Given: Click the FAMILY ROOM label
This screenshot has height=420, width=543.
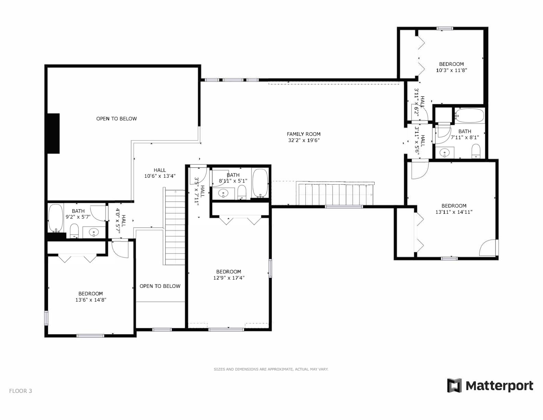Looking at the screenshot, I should (303, 134).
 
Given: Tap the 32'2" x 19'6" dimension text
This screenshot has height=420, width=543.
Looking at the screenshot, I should (303, 140).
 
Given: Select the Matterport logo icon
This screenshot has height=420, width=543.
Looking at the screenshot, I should (455, 386).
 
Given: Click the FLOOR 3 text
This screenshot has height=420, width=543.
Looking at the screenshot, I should (21, 391).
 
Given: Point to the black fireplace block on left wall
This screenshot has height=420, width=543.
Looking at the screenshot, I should (53, 133).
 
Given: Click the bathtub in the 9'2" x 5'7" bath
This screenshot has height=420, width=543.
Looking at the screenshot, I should (55, 218).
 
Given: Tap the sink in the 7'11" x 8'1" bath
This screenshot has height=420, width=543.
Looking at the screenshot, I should (445, 152).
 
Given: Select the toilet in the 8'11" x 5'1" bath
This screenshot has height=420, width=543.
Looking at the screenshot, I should (242, 192).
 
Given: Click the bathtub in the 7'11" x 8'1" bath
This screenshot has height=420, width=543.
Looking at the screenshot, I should (469, 115).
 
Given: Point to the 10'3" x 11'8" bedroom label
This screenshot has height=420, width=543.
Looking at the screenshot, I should (451, 64).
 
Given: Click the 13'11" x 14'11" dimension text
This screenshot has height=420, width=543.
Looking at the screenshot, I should (454, 212).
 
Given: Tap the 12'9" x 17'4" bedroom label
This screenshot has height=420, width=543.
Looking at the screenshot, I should (229, 272).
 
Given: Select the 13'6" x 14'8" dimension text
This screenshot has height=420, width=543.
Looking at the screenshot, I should (91, 300).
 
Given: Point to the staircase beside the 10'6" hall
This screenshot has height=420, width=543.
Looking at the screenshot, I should (175, 226).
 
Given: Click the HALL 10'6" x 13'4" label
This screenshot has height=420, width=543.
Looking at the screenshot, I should (160, 173).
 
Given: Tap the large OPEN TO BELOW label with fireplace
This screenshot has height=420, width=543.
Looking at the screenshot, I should (117, 119).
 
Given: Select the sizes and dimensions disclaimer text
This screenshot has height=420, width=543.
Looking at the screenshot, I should (271, 369).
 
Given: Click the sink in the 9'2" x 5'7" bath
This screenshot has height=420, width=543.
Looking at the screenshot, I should (94, 233).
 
